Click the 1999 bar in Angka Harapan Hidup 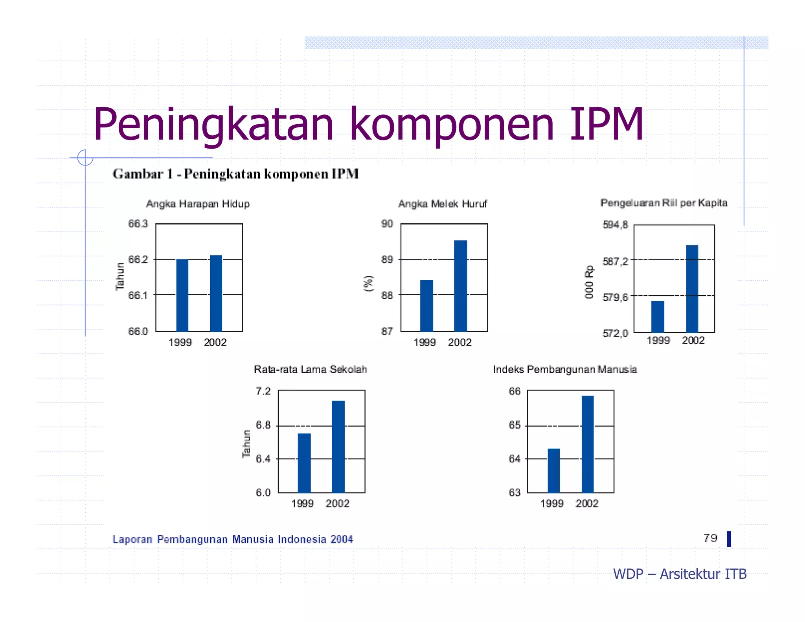coord(182,295)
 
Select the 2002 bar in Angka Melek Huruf coord(460,286)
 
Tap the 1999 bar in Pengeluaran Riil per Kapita coord(658,317)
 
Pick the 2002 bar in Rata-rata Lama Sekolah coord(338,446)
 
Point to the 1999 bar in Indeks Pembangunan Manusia coord(553,470)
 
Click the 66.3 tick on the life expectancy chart coord(138,224)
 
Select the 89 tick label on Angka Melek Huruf coord(387,259)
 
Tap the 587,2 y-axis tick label coord(615,261)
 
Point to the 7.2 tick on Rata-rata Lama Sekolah coord(263,391)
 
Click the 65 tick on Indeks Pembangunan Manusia coord(514,425)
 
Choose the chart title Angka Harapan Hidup coord(198,204)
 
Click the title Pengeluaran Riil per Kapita coord(663,203)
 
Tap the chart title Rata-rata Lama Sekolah coord(310,369)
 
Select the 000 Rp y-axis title coord(588,282)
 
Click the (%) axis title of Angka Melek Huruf coord(368,283)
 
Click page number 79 coord(710,538)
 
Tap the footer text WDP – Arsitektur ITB coord(680,574)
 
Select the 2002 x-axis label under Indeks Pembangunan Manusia coord(586,504)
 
